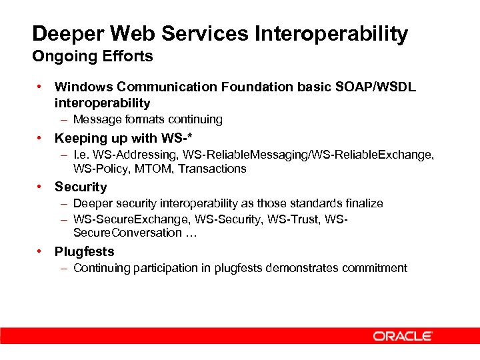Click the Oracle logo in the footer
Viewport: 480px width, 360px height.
click(x=403, y=336)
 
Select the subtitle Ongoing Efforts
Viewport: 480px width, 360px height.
click(x=93, y=57)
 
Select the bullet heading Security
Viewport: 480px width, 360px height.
click(x=81, y=187)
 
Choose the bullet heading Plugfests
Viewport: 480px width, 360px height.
click(x=84, y=251)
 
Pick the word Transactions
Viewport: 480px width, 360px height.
click(x=213, y=169)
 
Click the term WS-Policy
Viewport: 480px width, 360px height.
click(x=100, y=169)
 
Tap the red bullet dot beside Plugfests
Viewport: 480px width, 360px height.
click(x=41, y=251)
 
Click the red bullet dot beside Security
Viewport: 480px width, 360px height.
click(x=41, y=187)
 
